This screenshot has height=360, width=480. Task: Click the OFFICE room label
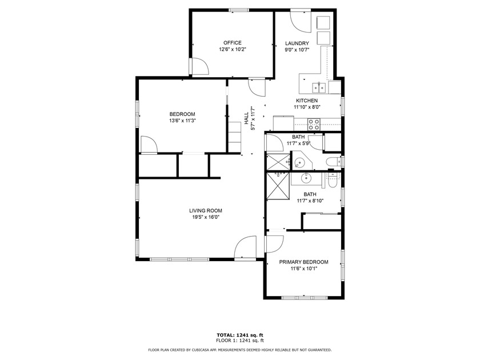tap(232, 43)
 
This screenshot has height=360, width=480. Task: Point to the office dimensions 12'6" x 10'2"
tap(232, 50)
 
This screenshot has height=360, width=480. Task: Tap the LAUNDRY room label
tap(297, 43)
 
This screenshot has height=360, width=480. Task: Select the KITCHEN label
tap(306, 101)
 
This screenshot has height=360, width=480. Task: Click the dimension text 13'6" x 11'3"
tap(182, 121)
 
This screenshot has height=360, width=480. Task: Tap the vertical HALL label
tap(246, 117)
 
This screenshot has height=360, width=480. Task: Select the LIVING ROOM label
tap(205, 210)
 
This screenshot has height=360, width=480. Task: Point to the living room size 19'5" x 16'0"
tap(205, 217)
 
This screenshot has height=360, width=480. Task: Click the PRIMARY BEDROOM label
tap(303, 262)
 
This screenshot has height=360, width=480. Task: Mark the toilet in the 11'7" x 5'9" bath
tap(331, 163)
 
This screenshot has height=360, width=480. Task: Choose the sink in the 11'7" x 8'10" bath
tap(307, 178)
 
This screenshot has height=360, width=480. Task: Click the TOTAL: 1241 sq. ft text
tap(239, 335)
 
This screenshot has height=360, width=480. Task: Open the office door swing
tap(199, 67)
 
